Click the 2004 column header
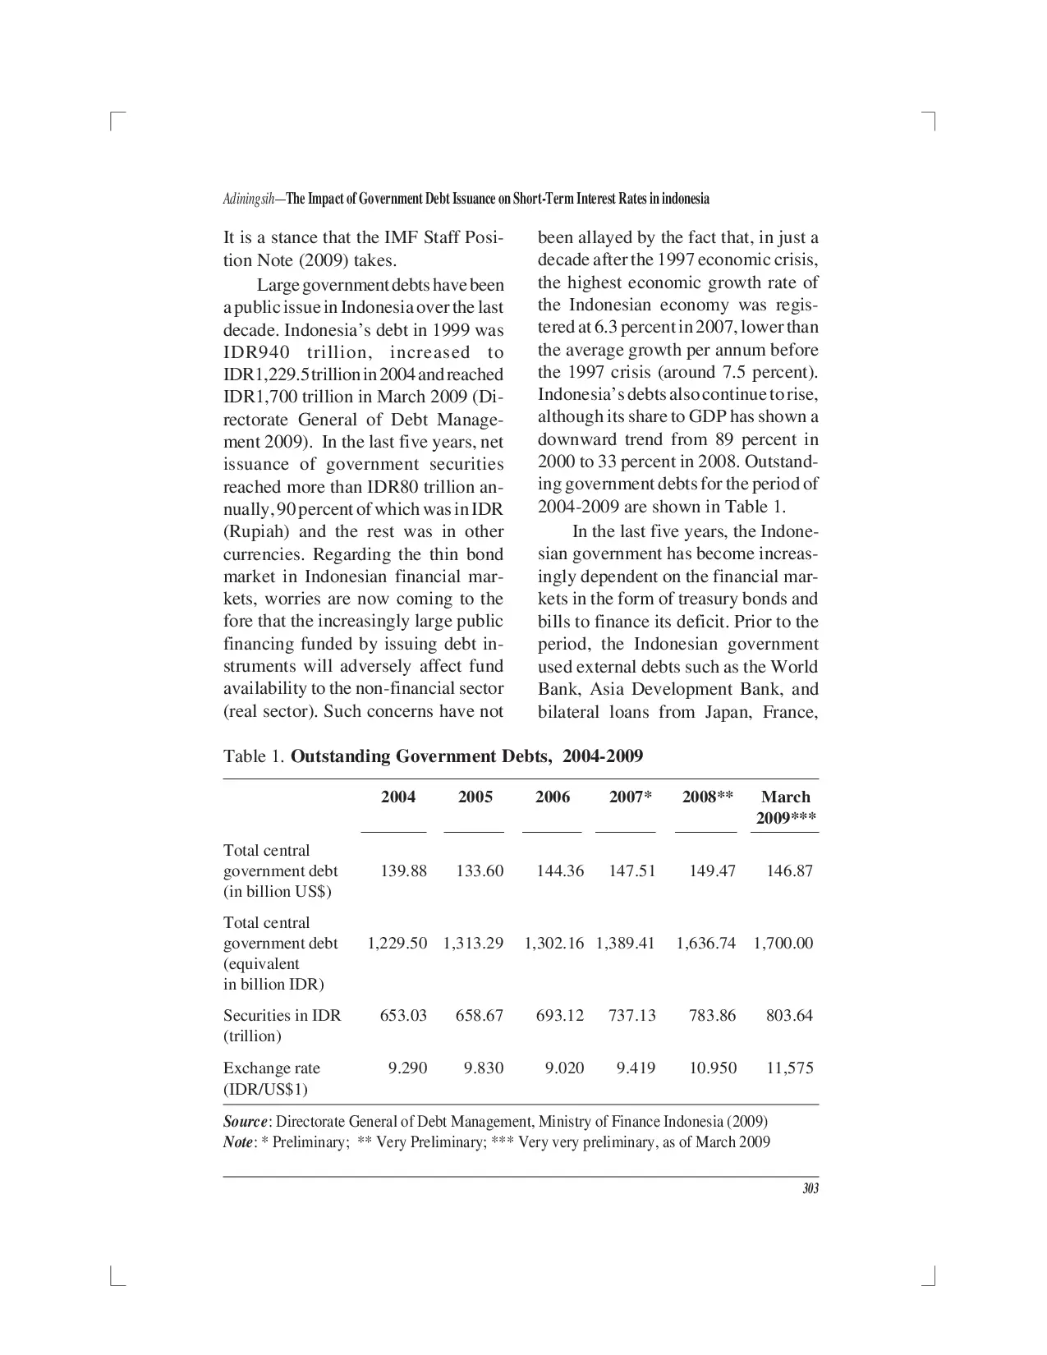click(397, 797)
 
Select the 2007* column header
click(631, 797)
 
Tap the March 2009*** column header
click(785, 807)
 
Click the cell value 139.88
click(403, 870)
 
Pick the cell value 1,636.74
click(705, 943)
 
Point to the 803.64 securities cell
click(789, 1015)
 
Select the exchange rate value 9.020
click(564, 1068)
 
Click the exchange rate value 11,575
click(789, 1068)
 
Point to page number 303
click(811, 1189)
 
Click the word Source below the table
click(245, 1122)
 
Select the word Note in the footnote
click(238, 1142)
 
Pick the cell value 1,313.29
click(473, 943)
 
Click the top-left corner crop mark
click(114, 121)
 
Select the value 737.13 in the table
click(631, 1015)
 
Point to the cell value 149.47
click(712, 870)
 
